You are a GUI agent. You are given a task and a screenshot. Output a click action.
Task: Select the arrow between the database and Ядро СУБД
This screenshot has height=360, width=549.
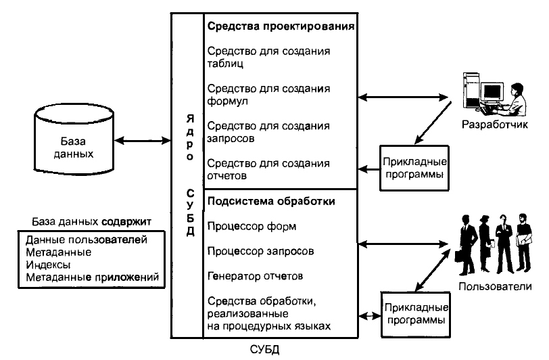pos(143,141)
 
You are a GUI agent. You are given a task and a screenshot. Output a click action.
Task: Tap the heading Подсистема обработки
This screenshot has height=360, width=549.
pos(271,201)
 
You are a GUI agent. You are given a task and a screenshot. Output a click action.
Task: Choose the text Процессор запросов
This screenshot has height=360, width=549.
pos(260,251)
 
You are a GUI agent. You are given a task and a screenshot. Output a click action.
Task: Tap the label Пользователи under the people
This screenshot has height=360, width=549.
pos(495,287)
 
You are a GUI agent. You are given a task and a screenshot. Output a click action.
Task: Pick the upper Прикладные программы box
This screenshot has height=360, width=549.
pos(414,168)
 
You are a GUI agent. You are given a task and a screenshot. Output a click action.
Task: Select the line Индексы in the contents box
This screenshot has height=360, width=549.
pos(48,265)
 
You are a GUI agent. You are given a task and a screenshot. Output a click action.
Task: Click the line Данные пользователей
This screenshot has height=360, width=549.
pos(86,240)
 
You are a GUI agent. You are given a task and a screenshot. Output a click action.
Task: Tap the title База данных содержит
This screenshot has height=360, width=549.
pos(92,221)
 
